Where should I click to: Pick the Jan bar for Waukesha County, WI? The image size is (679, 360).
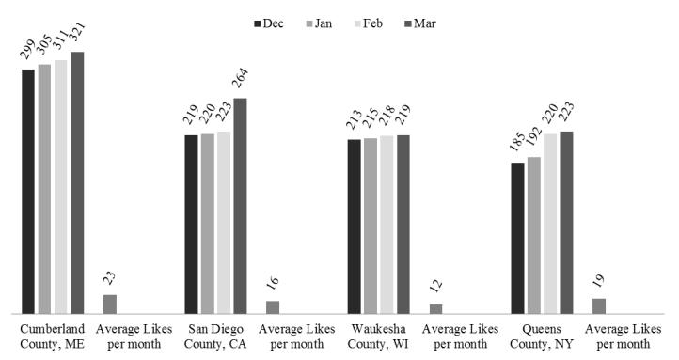371,226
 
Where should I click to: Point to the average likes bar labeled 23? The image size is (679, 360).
110,304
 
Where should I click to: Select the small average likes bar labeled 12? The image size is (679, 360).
435,308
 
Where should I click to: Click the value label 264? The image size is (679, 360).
241,80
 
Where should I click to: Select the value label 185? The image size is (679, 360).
517,146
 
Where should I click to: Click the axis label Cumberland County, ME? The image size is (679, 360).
53,337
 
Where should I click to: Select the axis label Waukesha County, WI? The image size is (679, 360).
379,337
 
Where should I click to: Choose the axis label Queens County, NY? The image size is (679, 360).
542,337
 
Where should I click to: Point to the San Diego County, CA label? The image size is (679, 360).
215,337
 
